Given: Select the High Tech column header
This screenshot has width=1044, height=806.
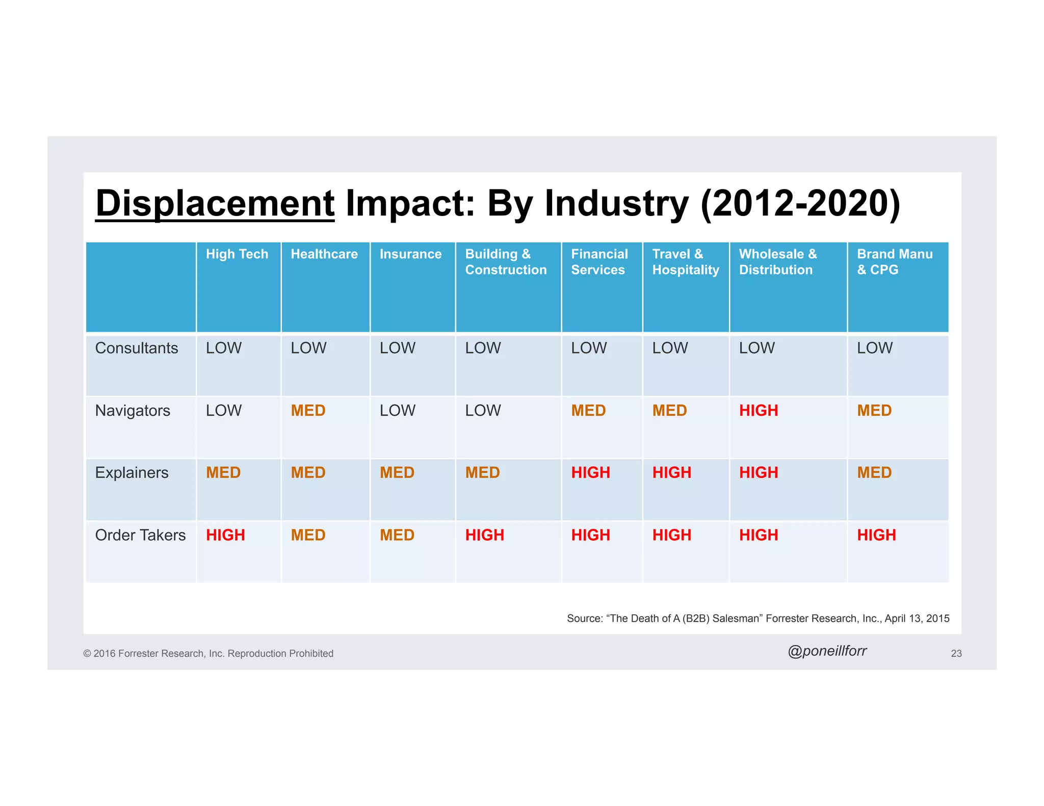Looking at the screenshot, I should pos(237,254).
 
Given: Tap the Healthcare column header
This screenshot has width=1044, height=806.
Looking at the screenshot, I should pos(324,254).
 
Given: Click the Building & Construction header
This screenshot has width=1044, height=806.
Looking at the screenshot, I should pos(505,262).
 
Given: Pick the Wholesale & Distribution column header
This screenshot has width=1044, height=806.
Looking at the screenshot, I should pos(777,262).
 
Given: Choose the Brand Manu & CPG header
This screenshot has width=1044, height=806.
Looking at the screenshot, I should pos(894,262).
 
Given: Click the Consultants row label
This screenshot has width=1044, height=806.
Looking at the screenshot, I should pos(136,348).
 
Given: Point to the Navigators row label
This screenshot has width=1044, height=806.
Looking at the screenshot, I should pos(133,411).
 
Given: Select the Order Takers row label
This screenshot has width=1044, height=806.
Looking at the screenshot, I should pos(140,535).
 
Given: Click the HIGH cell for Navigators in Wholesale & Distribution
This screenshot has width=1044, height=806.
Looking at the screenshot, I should pos(758,411).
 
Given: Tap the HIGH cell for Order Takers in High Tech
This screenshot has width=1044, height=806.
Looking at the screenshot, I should pos(225,535).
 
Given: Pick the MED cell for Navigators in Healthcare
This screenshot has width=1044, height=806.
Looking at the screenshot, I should pos(308,411).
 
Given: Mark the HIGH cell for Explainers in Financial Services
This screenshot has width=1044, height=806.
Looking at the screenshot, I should pos(590,473).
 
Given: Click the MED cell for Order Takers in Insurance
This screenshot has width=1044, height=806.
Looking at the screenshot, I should pos(397,535).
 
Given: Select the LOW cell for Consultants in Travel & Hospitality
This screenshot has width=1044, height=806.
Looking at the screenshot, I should pos(670,348).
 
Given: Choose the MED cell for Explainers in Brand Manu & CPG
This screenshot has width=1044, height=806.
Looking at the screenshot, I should pos(874,473).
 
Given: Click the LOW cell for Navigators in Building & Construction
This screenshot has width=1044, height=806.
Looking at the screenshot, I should pos(483,411).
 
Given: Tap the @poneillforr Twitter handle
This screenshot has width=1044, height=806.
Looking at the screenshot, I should pos(827,651).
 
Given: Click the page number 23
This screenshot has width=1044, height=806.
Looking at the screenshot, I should pos(956,654).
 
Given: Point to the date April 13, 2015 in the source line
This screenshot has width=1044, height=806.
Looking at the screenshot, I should pos(917,619).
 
